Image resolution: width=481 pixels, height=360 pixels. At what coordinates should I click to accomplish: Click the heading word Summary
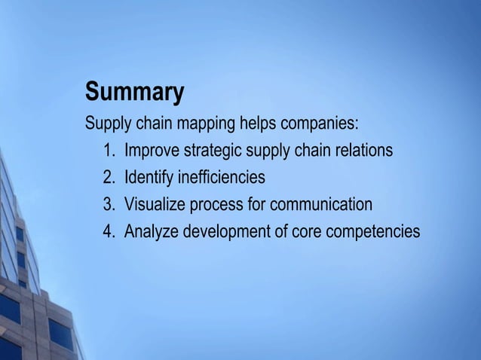tap(134, 93)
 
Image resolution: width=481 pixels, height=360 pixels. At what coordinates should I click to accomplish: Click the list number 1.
tap(108, 151)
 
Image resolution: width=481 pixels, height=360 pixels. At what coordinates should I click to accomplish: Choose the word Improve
tap(152, 151)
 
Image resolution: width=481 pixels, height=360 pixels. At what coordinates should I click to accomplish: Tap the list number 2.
tap(108, 178)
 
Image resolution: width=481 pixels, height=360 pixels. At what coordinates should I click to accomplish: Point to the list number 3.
tap(108, 205)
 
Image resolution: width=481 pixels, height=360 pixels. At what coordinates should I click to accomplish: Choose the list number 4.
tap(108, 232)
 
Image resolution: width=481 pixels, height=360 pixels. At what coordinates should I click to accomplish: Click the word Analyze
tap(151, 232)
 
